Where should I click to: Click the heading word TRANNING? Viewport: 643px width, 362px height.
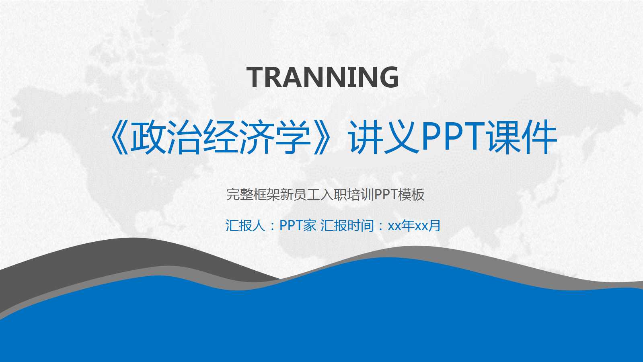(323, 77)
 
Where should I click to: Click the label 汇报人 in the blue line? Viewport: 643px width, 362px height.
(245, 226)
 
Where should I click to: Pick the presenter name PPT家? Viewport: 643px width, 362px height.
(298, 226)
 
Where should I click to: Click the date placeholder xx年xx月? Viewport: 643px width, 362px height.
(414, 226)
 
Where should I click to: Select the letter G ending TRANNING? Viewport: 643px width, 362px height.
(388, 77)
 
